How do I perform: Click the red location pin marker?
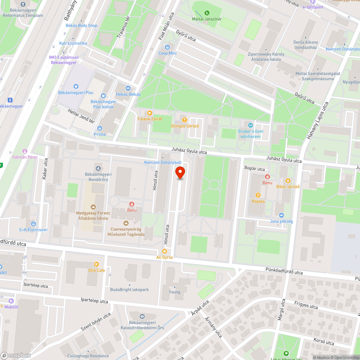click(180, 172)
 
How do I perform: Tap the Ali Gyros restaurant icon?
click(165, 251)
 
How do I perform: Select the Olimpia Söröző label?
click(184, 126)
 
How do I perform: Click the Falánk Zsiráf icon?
click(150, 113)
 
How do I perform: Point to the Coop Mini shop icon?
click(167, 47)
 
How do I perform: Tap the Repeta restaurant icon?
click(258, 195)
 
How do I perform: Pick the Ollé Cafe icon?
click(96, 264)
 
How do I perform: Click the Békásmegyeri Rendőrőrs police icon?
click(98, 168)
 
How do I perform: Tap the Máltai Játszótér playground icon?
click(207, 13)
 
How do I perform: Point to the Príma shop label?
click(100, 134)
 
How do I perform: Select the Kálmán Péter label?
click(25, 157)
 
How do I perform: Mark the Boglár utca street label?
click(255, 169)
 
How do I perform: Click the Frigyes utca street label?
click(306, 306)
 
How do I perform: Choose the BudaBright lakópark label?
click(129, 289)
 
